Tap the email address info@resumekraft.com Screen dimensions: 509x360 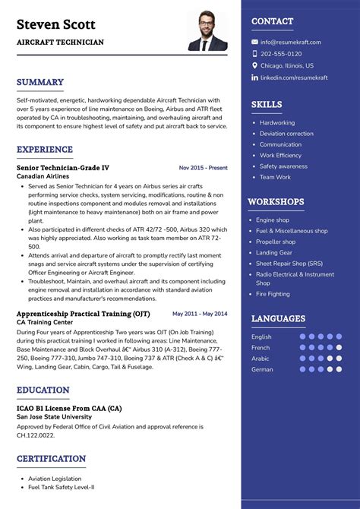point(290,43)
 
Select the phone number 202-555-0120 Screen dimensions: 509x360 point(281,54)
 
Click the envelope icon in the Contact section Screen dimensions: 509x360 point(255,43)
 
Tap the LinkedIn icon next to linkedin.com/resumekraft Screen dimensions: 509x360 point(255,77)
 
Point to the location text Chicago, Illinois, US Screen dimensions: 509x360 point(287,66)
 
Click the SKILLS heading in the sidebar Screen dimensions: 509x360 point(267,105)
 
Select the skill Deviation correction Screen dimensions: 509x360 point(286,134)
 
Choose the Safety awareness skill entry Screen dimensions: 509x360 point(283,166)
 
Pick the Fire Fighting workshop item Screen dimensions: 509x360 point(273,294)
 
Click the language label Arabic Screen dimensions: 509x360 point(261,359)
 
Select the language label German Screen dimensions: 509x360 point(262,369)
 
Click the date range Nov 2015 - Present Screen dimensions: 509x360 point(203,168)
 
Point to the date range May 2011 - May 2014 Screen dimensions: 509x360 point(200,314)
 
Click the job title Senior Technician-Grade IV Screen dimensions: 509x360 point(63,167)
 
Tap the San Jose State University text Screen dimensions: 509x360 point(55,417)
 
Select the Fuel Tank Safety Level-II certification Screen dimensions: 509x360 point(62,488)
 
